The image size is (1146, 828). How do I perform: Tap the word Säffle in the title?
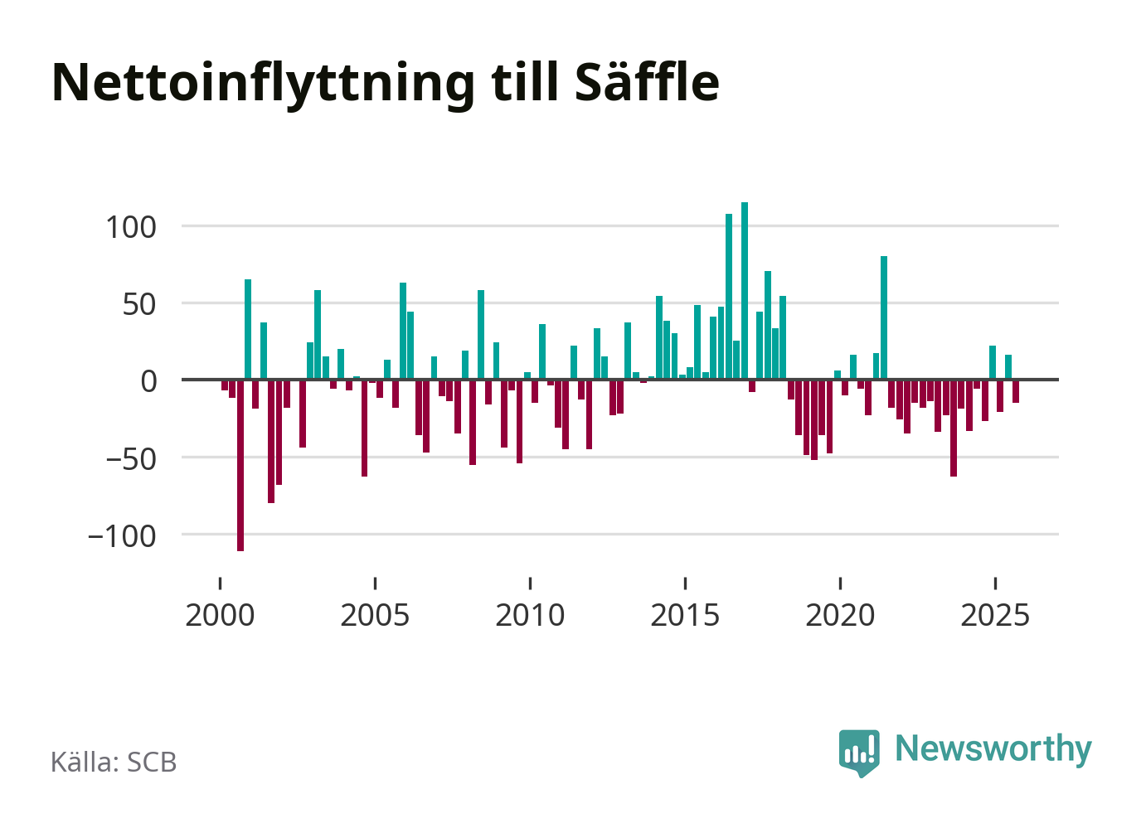[x=646, y=82]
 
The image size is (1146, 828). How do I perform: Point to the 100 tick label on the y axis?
[x=131, y=226]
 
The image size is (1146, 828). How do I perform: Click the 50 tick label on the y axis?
[x=139, y=303]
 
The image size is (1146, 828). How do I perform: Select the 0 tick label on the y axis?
[x=148, y=380]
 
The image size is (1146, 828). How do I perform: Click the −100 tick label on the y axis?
[x=122, y=535]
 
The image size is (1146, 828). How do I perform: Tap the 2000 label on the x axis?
[x=220, y=615]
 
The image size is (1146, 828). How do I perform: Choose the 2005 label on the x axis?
[x=375, y=615]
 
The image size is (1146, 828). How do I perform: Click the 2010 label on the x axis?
[x=530, y=615]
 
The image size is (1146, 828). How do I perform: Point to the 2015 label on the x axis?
[x=685, y=615]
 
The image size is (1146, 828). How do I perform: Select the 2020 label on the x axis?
[x=840, y=615]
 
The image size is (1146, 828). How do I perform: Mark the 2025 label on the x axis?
[x=995, y=615]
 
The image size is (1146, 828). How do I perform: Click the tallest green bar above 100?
[x=745, y=290]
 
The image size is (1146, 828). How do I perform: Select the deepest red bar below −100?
[x=240, y=465]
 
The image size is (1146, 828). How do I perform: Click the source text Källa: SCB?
[x=114, y=762]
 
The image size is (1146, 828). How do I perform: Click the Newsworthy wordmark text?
[x=993, y=748]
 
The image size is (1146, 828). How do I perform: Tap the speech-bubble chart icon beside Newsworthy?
[x=859, y=752]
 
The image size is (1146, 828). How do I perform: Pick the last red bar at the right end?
[x=1016, y=391]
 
